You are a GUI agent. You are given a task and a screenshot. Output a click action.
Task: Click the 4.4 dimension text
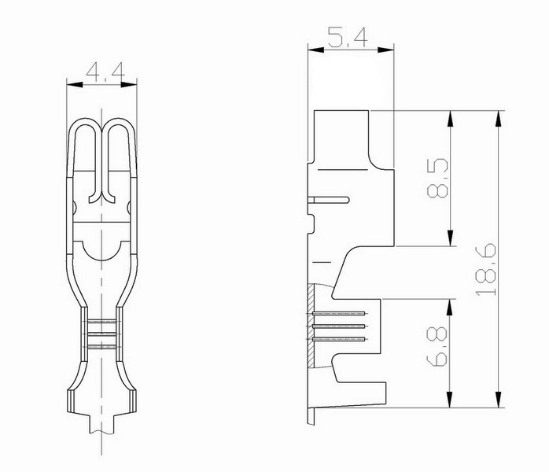pos(105,71)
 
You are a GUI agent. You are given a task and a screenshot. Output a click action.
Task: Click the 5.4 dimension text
pos(348,37)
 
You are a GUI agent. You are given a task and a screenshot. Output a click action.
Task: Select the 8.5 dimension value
pos(437,178)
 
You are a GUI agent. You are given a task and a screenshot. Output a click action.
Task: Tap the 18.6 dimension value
pos(485,269)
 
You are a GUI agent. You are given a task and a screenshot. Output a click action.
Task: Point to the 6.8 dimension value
pos(437,347)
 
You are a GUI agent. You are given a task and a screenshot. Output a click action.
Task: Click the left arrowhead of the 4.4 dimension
pos(74,84)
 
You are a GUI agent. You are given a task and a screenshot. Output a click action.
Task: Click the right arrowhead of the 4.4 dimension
pos(129,84)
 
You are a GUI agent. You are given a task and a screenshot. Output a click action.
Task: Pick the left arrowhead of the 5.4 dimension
pos(316,50)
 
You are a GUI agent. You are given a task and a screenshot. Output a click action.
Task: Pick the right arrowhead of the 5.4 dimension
pos(386,50)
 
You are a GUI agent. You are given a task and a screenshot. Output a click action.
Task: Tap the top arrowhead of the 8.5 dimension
pos(450,119)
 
